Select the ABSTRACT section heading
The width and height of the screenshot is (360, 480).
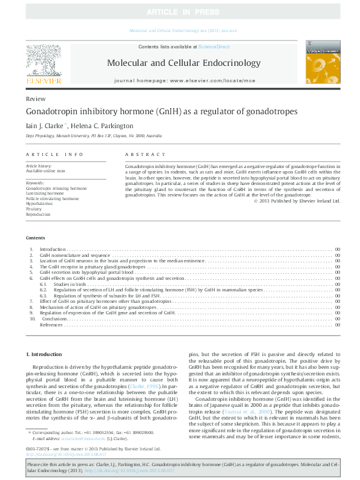pos(145,155)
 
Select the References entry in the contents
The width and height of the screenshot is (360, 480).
pos(51,325)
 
